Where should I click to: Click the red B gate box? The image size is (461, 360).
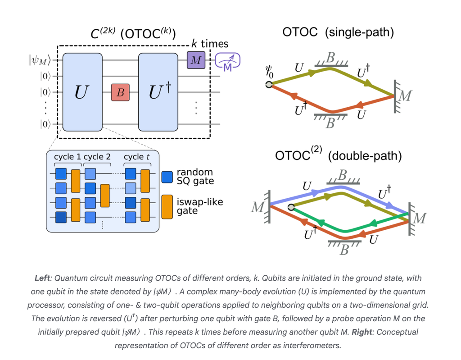[120, 93]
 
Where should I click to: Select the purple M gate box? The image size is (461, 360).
[196, 60]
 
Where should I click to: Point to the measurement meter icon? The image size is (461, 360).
[228, 61]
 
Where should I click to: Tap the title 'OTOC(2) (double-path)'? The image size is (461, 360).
[338, 156]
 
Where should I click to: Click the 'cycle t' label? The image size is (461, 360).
[137, 157]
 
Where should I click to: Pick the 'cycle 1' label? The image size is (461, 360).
[68, 157]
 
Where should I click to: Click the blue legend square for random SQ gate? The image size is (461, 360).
[167, 177]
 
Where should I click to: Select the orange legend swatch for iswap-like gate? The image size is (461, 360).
[167, 206]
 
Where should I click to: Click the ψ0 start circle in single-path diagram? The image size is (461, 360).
[269, 84]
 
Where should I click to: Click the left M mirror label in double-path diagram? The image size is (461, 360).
[257, 207]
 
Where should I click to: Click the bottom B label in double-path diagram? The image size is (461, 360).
[343, 250]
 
